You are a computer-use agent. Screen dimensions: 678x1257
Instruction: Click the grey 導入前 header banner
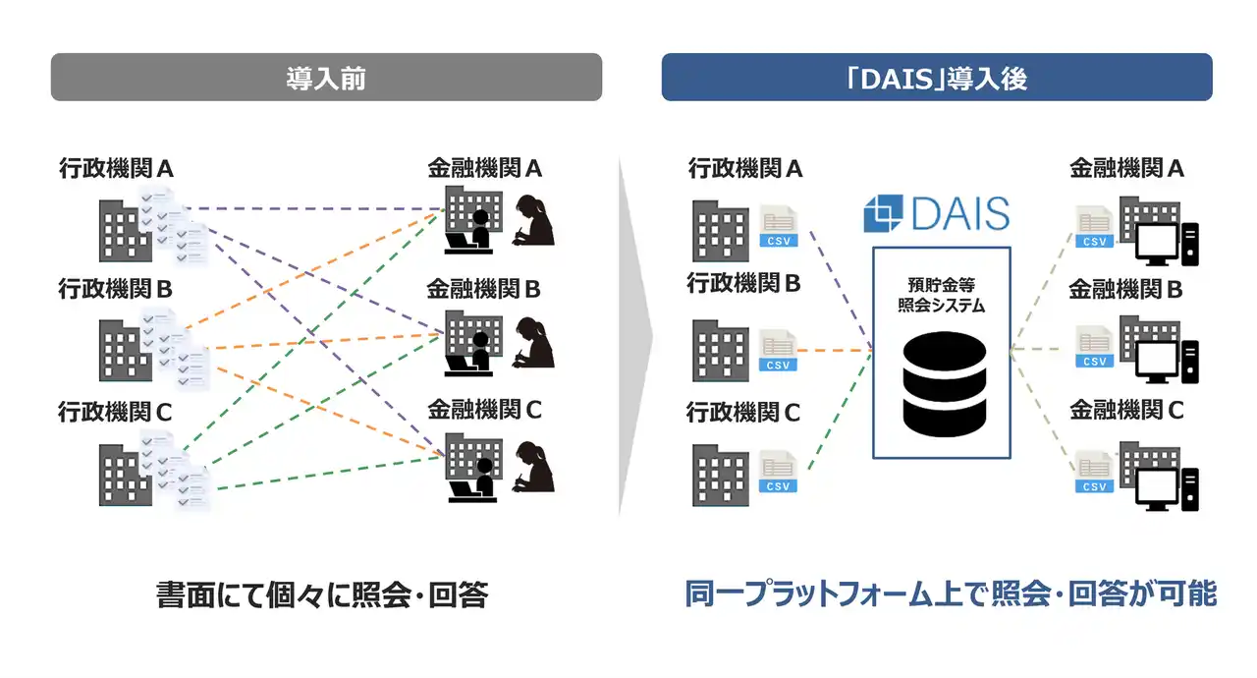tap(326, 78)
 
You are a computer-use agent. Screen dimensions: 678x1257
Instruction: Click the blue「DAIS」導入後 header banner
tap(937, 78)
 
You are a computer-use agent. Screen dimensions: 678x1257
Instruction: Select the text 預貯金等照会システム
tap(941, 296)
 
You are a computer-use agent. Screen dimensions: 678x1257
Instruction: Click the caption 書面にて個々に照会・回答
tap(322, 595)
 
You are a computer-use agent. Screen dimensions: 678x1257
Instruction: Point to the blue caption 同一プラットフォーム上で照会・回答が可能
tap(951, 594)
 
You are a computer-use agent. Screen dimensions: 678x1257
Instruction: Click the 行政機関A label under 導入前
tap(116, 169)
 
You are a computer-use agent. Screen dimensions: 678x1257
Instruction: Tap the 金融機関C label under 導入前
tap(484, 410)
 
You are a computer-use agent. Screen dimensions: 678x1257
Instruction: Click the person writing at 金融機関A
tap(531, 220)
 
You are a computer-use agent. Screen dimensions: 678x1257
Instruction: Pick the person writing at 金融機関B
tap(531, 342)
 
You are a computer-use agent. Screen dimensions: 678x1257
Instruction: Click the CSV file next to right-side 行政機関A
tap(779, 226)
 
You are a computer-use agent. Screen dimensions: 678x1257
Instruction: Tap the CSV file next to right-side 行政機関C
tap(779, 472)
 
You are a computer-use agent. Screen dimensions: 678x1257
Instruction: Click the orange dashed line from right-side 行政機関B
tap(835, 351)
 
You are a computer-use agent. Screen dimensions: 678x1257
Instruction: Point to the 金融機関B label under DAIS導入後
tap(1125, 290)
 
